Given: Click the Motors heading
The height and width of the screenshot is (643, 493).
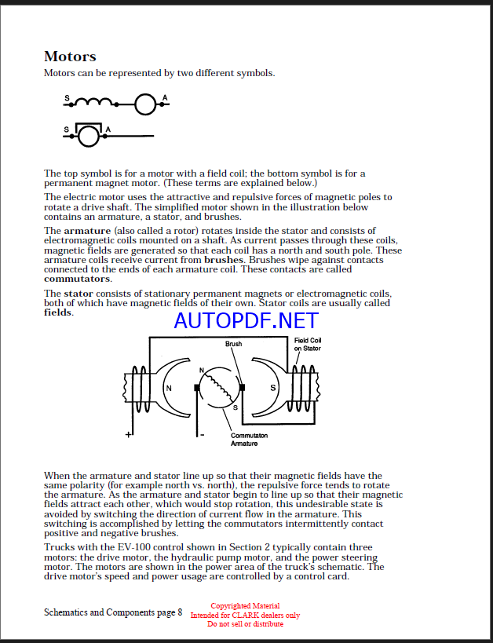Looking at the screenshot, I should point(70,57).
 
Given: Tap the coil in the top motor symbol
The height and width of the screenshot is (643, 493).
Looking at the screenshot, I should point(94,101).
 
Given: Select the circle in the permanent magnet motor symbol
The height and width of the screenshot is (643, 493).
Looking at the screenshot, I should point(89,136).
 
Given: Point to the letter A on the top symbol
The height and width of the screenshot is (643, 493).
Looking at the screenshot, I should point(165,97).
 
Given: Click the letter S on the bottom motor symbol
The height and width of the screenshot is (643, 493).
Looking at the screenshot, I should point(66,129).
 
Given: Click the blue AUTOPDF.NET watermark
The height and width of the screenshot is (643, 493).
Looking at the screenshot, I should point(246,320).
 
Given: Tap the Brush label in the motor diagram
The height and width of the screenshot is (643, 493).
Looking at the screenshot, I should point(233,344).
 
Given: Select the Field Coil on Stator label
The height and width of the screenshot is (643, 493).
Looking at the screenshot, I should point(308,344).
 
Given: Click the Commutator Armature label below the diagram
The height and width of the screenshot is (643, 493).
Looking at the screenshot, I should point(248,440).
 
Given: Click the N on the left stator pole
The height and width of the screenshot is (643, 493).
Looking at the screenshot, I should point(167,388).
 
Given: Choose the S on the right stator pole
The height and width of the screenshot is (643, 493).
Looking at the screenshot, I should point(273,388).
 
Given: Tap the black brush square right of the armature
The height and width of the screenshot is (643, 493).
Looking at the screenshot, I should point(243,387).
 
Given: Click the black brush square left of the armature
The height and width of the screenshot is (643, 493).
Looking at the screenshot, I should point(197,387).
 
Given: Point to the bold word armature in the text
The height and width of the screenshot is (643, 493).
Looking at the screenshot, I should point(86,230).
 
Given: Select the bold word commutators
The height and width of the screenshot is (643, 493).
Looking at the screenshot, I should point(77,279).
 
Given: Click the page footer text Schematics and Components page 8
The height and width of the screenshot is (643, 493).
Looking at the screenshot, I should point(113,612).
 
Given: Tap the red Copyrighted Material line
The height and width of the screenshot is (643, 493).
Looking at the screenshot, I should point(246,606).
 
